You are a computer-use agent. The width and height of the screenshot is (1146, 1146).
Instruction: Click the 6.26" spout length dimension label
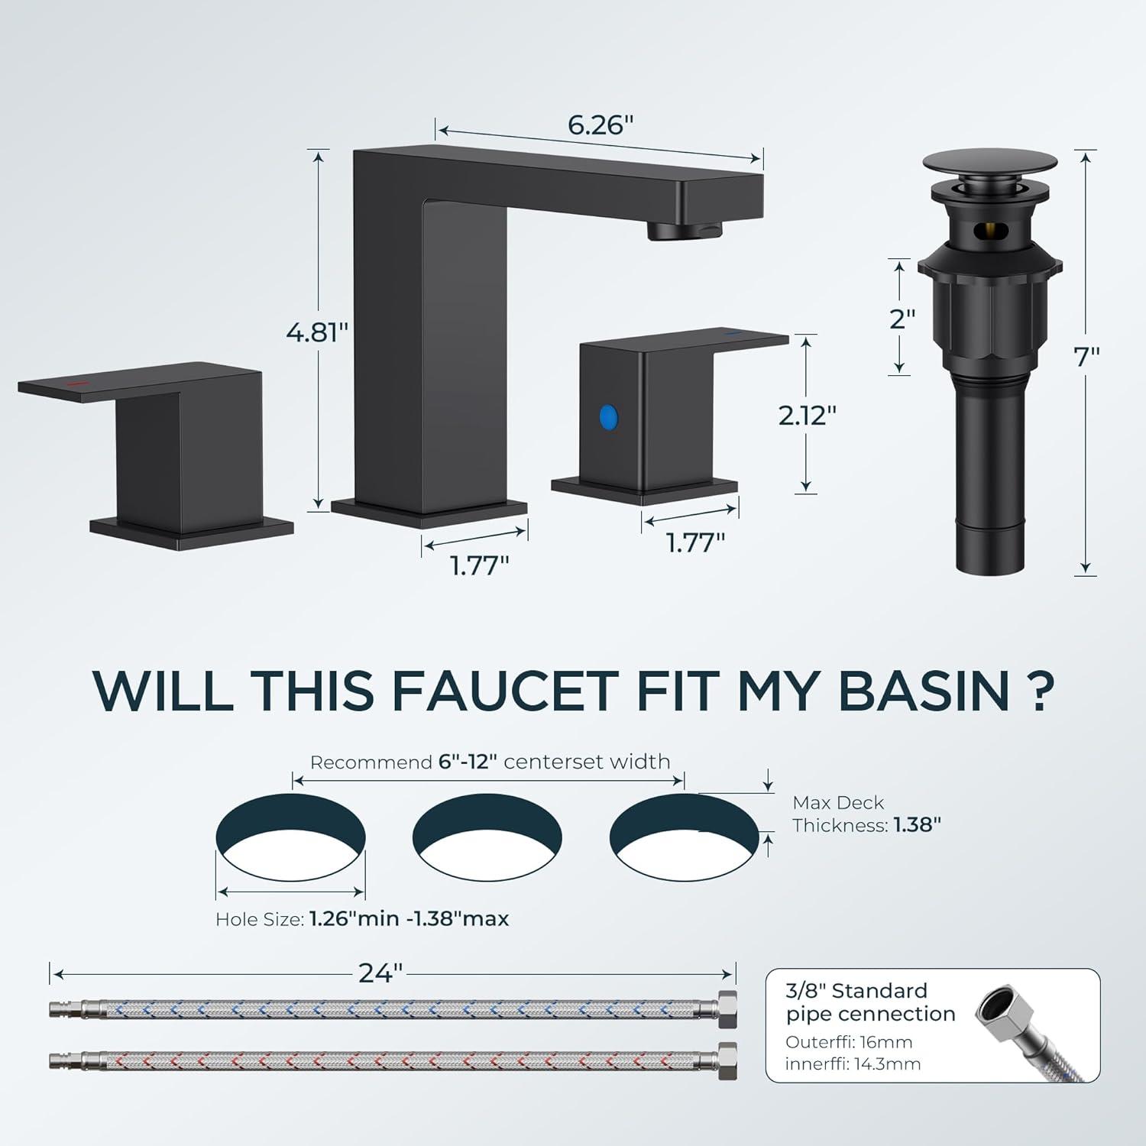(601, 125)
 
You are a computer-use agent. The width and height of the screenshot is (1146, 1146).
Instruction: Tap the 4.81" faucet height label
(317, 332)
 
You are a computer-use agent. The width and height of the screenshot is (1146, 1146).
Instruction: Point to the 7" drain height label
(1086, 357)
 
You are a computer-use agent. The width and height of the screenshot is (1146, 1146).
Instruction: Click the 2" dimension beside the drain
(902, 319)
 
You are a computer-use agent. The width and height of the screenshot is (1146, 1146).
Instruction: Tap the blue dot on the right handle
(608, 417)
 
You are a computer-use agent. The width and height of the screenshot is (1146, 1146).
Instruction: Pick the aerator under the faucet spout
(685, 229)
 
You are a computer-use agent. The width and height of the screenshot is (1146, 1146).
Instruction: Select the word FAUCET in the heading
(505, 690)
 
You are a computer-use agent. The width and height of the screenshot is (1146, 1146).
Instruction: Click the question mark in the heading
(1039, 690)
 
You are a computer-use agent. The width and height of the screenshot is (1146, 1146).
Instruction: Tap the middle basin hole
(487, 837)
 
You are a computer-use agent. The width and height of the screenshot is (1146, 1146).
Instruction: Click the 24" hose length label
(380, 973)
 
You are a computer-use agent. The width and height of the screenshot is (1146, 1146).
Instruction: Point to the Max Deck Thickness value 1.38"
(918, 825)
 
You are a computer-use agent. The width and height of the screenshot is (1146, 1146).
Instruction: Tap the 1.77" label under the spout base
(479, 565)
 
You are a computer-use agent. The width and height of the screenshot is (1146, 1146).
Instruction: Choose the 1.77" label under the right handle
(695, 542)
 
